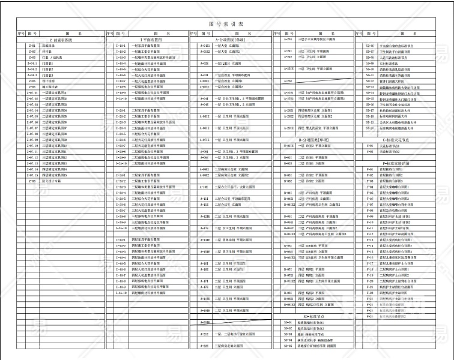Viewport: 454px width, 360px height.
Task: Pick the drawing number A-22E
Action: pyautogui.click(x=204, y=346)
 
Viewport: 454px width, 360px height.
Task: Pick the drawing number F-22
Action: pyautogui.click(x=369, y=293)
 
